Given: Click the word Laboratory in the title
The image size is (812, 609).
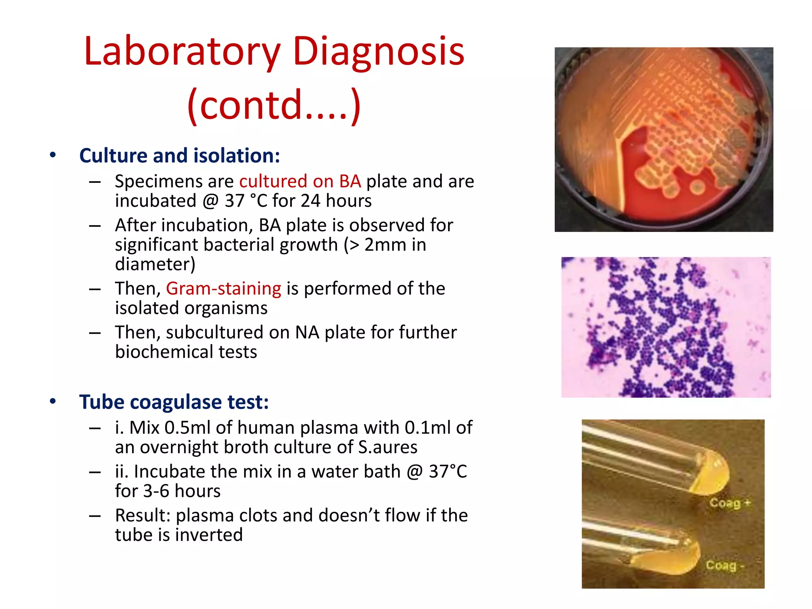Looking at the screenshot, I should click(182, 52).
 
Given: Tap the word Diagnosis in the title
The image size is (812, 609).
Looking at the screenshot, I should click(378, 52).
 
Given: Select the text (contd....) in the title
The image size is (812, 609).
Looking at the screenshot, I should click(274, 105).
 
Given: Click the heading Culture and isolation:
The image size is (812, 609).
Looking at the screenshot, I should click(180, 155).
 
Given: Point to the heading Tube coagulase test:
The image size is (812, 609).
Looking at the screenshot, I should click(174, 402).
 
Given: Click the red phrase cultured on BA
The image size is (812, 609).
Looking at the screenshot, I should click(300, 182).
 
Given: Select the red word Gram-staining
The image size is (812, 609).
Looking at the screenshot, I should click(224, 289).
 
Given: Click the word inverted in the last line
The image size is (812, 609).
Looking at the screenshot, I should click(209, 535).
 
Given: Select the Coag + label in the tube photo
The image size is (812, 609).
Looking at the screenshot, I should click(730, 503).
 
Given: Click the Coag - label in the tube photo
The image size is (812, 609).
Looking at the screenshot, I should click(724, 565).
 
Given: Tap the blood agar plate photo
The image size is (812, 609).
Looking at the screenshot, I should click(663, 140).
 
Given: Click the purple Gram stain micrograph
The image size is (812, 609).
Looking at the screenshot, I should click(666, 327).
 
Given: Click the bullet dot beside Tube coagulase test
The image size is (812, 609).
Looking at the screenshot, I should click(53, 402).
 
